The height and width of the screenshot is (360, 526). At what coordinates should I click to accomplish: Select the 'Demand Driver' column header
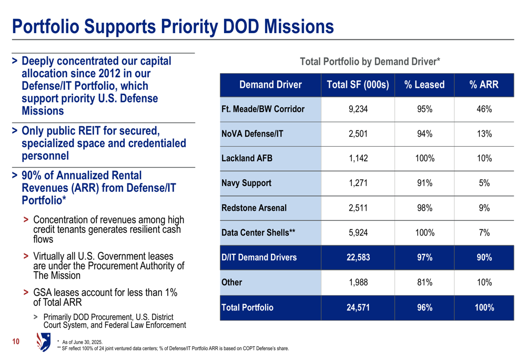270,85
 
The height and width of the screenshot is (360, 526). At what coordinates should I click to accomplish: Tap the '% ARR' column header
484,85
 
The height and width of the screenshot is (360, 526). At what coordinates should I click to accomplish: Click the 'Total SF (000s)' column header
358,85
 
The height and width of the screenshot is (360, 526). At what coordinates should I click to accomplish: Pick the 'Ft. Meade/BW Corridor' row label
263,109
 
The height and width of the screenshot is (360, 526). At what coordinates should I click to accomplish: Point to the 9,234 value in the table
358,109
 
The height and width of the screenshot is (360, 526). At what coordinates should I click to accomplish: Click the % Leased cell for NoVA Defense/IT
424,134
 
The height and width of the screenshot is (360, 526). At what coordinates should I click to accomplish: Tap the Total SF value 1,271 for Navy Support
358,183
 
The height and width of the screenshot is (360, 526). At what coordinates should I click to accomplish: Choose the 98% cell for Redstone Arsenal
424,208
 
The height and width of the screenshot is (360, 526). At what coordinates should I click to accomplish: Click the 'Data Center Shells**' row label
258,233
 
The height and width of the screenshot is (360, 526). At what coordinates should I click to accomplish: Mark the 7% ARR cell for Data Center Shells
484,233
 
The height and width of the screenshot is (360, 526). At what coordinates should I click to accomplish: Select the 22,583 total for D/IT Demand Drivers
358,258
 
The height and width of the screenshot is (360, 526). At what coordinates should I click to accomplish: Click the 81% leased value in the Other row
424,283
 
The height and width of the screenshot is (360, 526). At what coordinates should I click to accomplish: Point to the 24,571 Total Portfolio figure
358,308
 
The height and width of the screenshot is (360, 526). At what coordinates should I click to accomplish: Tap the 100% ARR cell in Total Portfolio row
484,308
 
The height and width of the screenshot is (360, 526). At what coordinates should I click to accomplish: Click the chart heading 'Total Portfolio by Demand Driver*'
370,62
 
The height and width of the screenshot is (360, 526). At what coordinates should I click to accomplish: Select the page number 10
16,343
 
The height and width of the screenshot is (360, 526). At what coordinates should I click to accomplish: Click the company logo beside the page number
43,342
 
